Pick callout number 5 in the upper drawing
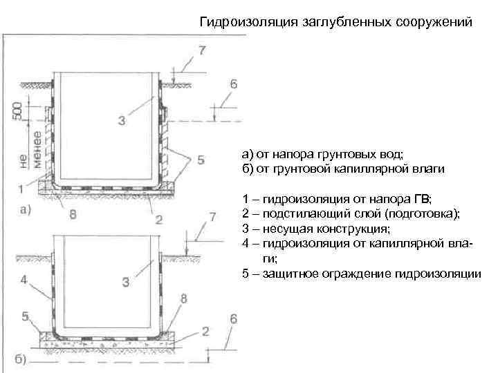click(201, 160)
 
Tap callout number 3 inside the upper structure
click(122, 122)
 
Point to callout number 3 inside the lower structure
click(125, 282)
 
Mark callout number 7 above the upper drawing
click(201, 50)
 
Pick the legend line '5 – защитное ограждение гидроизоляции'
click(361, 274)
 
